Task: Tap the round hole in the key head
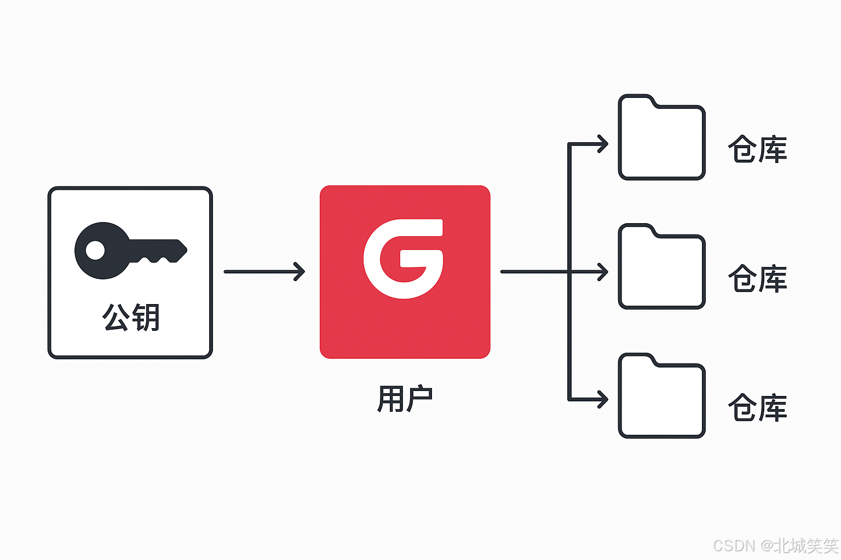pyautogui.click(x=95, y=250)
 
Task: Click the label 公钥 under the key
pyautogui.click(x=131, y=317)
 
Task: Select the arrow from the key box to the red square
pyautogui.click(x=264, y=271)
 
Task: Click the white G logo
pyautogui.click(x=404, y=259)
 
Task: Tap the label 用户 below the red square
pyautogui.click(x=405, y=399)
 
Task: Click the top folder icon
pyautogui.click(x=661, y=139)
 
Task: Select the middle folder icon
pyautogui.click(x=661, y=269)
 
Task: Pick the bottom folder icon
pyautogui.click(x=661, y=398)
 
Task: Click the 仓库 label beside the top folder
pyautogui.click(x=757, y=149)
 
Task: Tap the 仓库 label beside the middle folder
pyautogui.click(x=757, y=278)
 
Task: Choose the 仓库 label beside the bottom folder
pyautogui.click(x=757, y=407)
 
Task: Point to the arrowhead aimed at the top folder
pyautogui.click(x=603, y=144)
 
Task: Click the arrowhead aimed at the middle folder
pyautogui.click(x=603, y=271)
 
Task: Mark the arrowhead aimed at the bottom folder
pyautogui.click(x=603, y=399)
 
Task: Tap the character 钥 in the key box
pyautogui.click(x=146, y=317)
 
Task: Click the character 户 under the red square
pyautogui.click(x=419, y=399)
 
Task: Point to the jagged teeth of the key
pyautogui.click(x=155, y=258)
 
